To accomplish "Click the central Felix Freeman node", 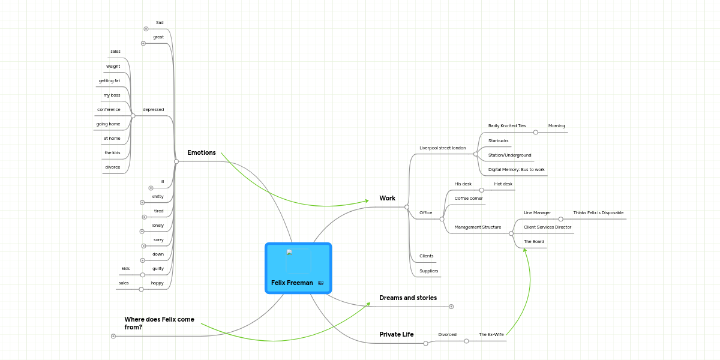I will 298,268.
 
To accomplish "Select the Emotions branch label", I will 202,152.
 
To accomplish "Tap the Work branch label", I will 387,198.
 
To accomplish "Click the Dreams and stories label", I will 408,298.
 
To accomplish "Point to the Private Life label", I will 396,334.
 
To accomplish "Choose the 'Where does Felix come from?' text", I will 159,323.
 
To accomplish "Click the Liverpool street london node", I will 442,148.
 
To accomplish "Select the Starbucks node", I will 498,140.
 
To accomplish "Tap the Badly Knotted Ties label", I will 506,126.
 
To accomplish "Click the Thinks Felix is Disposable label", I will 598,212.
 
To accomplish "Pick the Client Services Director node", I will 547,227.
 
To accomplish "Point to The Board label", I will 533,241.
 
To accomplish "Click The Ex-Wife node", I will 491,334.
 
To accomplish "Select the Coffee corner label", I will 468,198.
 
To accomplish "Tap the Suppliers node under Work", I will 428,271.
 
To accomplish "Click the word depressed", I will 153,109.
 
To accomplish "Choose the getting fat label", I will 109,80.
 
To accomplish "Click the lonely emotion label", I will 157,225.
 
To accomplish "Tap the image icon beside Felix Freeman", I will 321,283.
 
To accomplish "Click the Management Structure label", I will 478,227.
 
